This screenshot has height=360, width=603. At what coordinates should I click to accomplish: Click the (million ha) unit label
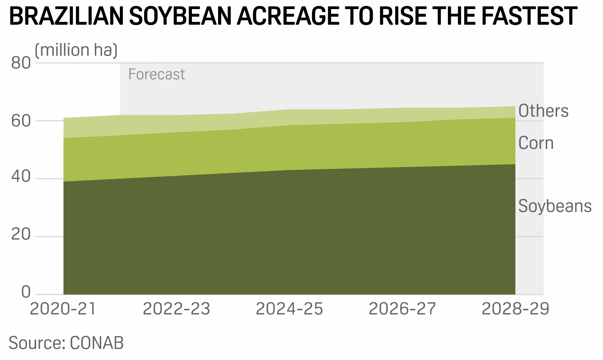point(76,50)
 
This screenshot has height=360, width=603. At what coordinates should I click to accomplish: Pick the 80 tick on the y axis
point(21,63)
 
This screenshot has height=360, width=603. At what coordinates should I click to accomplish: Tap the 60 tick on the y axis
point(21,121)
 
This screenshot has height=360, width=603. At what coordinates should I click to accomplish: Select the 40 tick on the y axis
point(21,177)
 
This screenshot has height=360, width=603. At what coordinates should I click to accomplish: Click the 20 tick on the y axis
point(21,235)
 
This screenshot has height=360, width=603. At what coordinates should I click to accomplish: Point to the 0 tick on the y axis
point(26,292)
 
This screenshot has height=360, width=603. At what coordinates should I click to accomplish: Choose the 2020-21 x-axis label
point(63,309)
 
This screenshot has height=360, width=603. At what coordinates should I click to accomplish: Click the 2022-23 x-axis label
point(176,309)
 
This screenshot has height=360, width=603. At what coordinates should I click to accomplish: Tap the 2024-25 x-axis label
point(289,309)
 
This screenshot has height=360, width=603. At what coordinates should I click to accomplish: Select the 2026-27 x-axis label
point(402,309)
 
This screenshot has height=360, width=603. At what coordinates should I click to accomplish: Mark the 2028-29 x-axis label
point(515,309)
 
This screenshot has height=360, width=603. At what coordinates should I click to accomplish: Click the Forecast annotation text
point(157,74)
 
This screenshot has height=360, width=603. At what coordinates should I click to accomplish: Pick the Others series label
point(543,111)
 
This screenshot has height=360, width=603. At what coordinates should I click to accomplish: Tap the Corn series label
point(536,143)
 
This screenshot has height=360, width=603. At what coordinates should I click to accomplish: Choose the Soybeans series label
point(555,206)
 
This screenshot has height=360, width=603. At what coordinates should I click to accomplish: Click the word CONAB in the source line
point(97,343)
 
